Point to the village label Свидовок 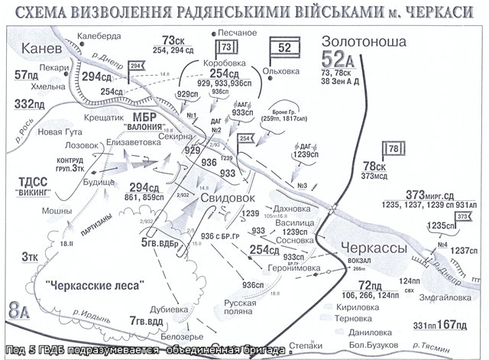(226, 197)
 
